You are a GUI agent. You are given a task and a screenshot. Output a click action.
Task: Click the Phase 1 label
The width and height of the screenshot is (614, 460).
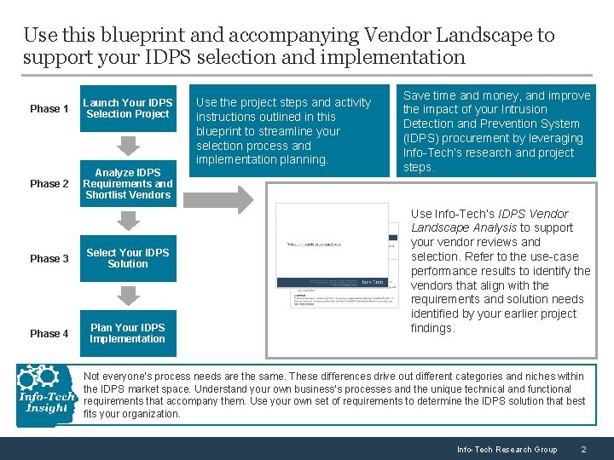pyautogui.click(x=49, y=109)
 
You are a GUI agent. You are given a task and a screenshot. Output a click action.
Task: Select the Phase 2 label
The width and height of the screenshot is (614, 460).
pyautogui.click(x=49, y=184)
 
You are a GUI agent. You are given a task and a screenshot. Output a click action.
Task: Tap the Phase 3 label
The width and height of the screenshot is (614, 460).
pyautogui.click(x=49, y=259)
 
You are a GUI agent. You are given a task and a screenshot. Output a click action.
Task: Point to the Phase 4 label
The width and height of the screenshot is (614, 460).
pyautogui.click(x=49, y=334)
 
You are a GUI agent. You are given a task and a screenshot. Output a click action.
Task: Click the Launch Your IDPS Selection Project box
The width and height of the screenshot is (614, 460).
pyautogui.click(x=128, y=108)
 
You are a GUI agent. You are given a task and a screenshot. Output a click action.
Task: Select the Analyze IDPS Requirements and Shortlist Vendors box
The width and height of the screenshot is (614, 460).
pyautogui.click(x=128, y=184)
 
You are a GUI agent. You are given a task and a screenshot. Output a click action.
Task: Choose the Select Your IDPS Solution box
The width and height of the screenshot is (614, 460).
pyautogui.click(x=128, y=258)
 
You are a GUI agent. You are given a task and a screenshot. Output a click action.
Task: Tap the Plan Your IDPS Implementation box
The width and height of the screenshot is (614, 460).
pyautogui.click(x=128, y=333)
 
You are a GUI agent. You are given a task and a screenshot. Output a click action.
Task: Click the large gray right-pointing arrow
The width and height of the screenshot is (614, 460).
pyautogui.click(x=218, y=198)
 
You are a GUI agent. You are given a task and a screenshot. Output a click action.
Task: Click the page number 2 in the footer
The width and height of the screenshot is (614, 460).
pyautogui.click(x=582, y=449)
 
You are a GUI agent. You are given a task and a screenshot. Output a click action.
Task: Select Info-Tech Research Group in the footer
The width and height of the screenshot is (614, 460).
pyautogui.click(x=507, y=449)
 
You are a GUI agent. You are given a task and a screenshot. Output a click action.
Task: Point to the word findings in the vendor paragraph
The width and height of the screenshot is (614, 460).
pyautogui.click(x=432, y=329)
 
